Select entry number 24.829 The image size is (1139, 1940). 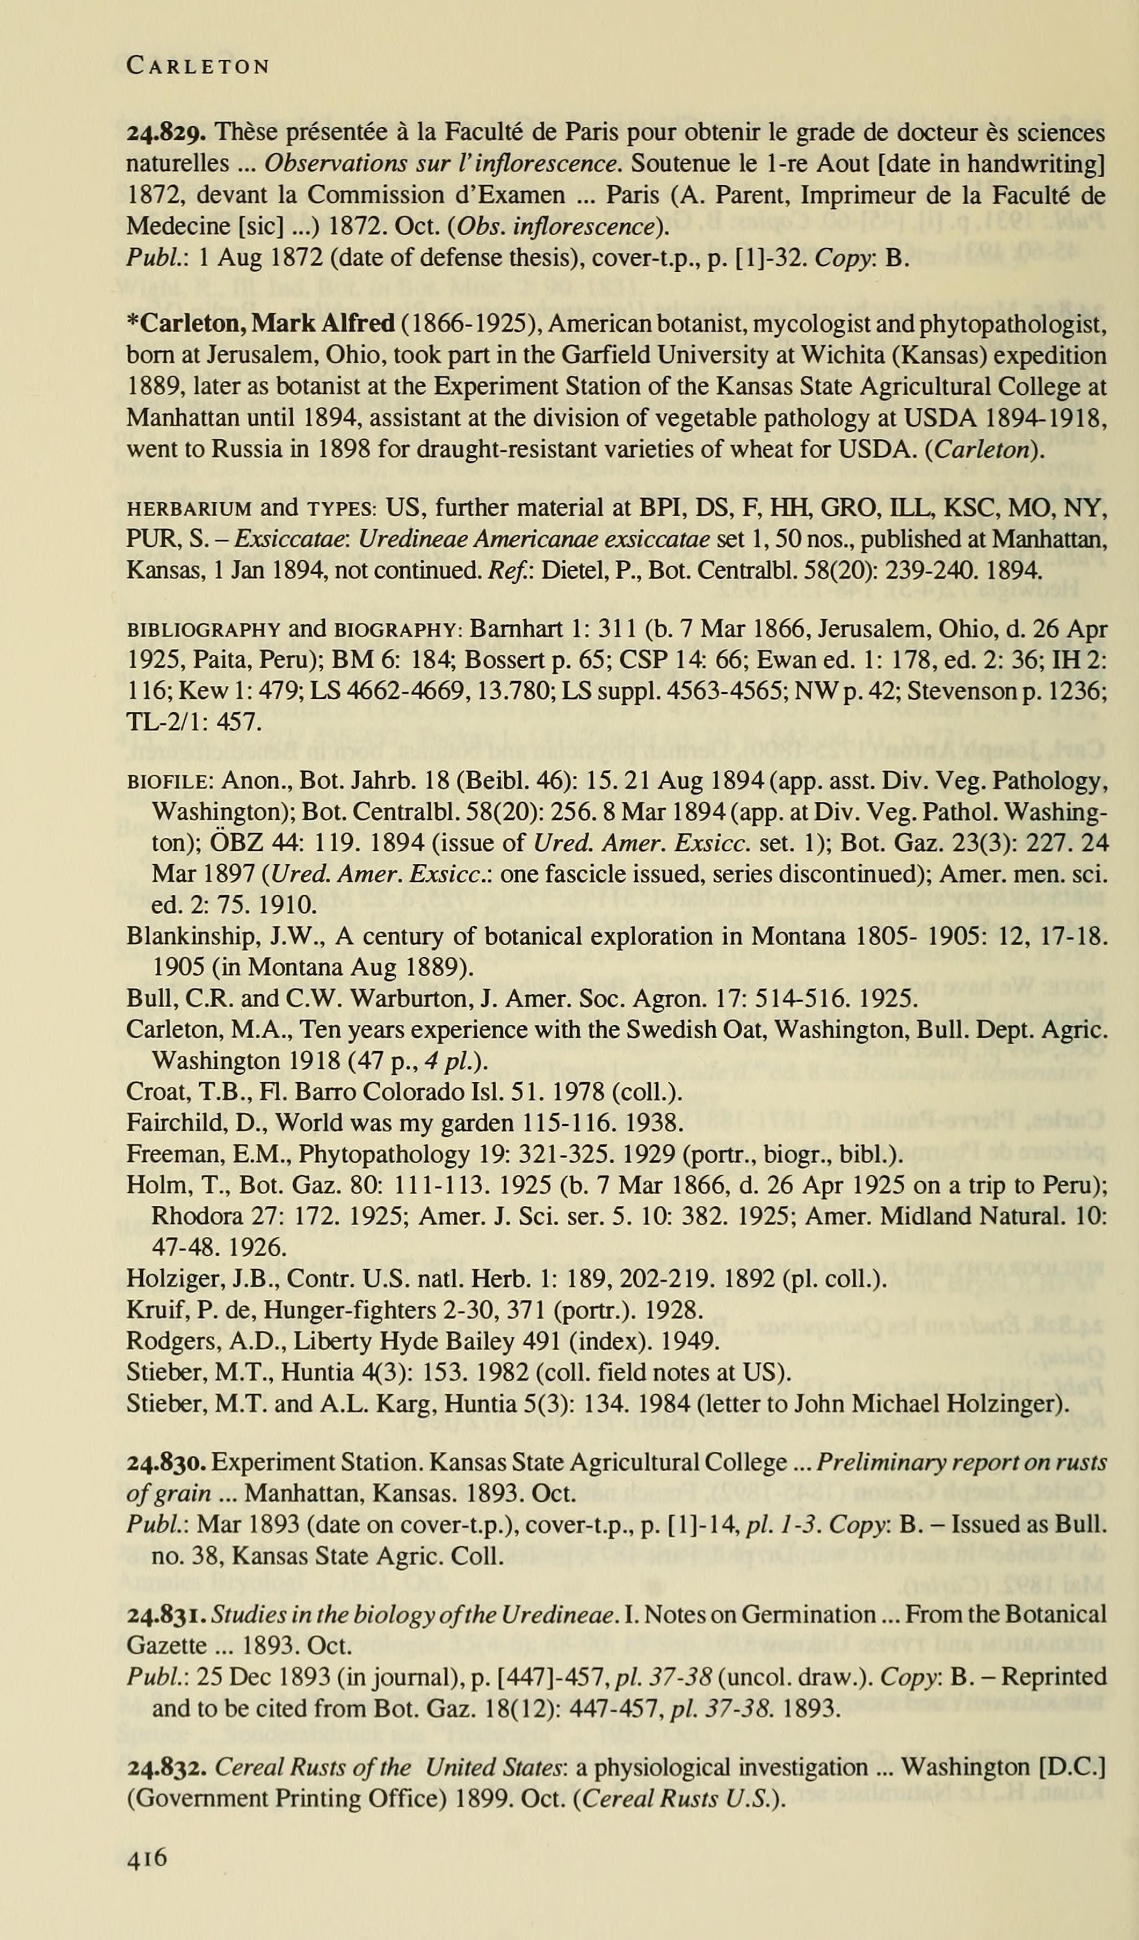pos(165,133)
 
